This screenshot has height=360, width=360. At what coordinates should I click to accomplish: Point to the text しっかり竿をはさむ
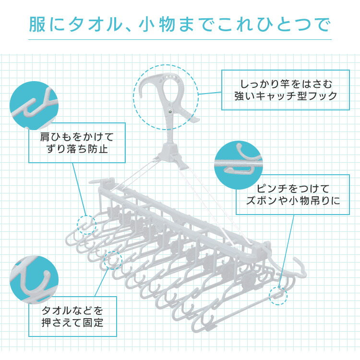[280, 82]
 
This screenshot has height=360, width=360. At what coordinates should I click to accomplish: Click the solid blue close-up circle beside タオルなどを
[34, 280]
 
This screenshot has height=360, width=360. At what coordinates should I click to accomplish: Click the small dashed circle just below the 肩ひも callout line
[87, 224]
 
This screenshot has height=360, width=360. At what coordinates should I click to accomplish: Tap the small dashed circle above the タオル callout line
[113, 261]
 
